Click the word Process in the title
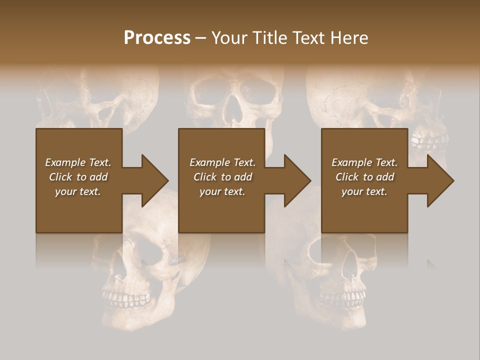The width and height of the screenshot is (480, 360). [x=157, y=38]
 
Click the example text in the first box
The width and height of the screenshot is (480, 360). [x=78, y=177]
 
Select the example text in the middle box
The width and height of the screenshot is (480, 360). [x=222, y=177]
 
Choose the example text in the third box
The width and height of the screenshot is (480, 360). [x=364, y=177]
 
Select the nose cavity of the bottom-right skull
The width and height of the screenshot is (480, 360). [x=350, y=270]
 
